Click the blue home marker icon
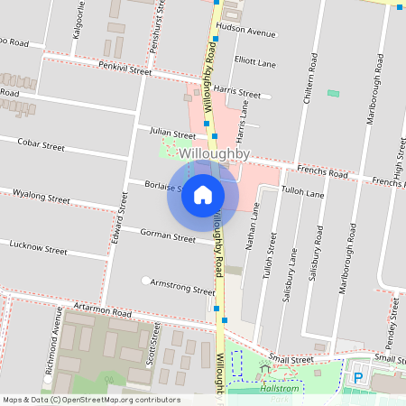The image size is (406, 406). coord(203,195)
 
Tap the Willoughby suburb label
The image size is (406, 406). coord(214,154)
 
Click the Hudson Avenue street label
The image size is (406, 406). coord(246,32)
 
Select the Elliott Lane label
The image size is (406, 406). coord(254,62)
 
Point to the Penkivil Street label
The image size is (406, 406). coord(126,68)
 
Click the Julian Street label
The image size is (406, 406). coord(172,134)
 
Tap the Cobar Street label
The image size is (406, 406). coord(42,144)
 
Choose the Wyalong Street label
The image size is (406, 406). coord(40,196)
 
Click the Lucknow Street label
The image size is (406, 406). coord(38,245)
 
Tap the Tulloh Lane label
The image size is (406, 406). coord(302,193)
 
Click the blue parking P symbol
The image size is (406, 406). coord(357,378)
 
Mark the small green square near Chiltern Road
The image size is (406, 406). coord(334,93)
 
